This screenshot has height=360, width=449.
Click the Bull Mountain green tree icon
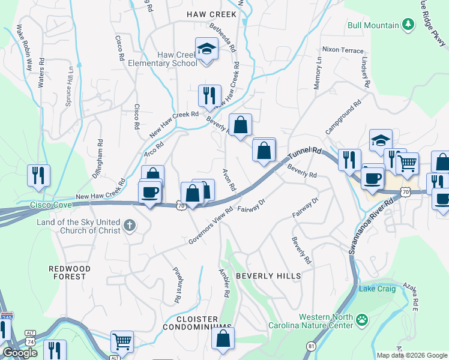click(409, 25)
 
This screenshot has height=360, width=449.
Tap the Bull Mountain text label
click(373, 25)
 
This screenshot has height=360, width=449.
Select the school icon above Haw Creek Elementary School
click(206, 47)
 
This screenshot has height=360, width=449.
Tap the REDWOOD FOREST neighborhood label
click(70, 272)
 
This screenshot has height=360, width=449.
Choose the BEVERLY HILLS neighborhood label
click(268, 275)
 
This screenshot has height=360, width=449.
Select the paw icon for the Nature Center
click(362, 320)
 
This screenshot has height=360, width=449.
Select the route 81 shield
click(311, 346)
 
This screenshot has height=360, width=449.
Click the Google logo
click(20, 353)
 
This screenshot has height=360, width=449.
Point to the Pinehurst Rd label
click(176, 284)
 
